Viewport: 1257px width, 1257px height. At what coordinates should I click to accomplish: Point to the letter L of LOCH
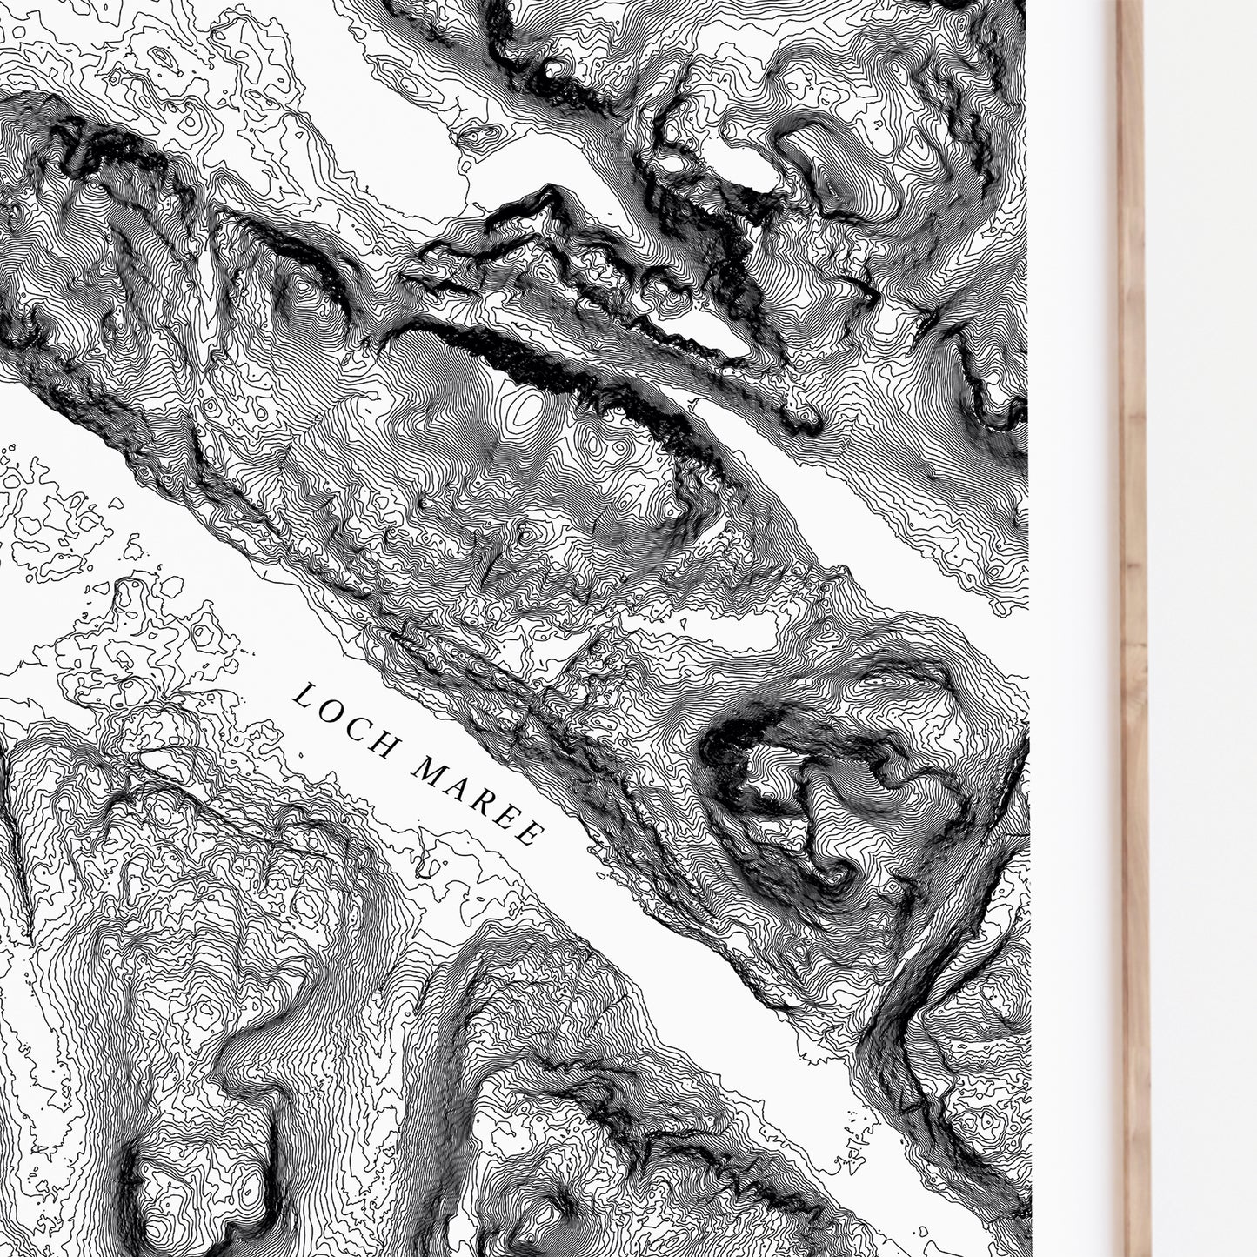tap(304, 697)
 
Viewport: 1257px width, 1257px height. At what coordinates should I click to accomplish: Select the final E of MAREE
tap(526, 835)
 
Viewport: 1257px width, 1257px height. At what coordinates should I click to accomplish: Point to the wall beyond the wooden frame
tap(1209, 609)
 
